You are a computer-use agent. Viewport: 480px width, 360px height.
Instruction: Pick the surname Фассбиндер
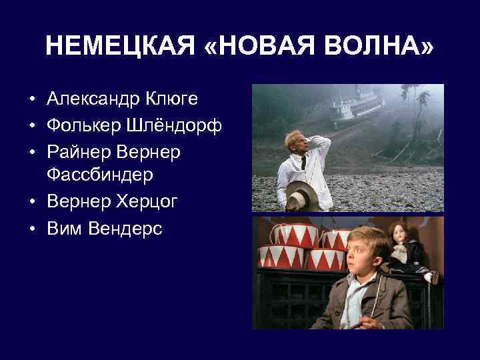click(x=100, y=175)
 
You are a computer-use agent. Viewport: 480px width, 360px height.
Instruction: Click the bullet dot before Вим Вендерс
click(x=32, y=229)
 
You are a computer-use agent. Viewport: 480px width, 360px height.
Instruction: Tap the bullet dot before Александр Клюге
click(x=32, y=100)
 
